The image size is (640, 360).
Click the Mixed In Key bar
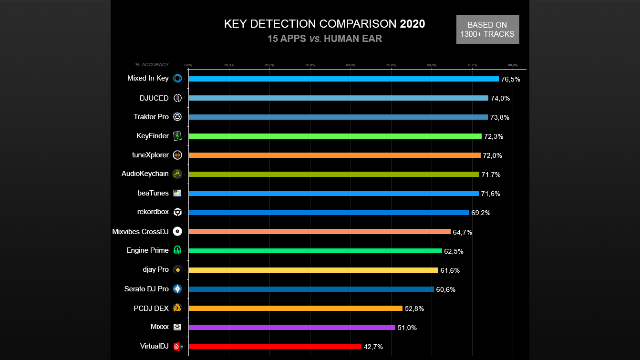pyautogui.click(x=343, y=79)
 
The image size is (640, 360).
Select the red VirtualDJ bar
pyautogui.click(x=275, y=347)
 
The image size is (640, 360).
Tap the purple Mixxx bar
pyautogui.click(x=292, y=328)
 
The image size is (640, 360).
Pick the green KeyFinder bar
pyautogui.click(x=335, y=136)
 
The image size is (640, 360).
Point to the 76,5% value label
pyautogui.click(x=510, y=79)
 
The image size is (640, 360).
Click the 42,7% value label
pyautogui.click(x=373, y=347)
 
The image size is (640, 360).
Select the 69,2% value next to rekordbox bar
pyautogui.click(x=481, y=213)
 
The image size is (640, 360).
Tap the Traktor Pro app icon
pyautogui.click(x=177, y=117)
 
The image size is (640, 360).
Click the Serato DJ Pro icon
pyautogui.click(x=177, y=289)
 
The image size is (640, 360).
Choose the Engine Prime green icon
pyautogui.click(x=177, y=250)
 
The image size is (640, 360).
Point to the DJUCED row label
pyautogui.click(x=154, y=98)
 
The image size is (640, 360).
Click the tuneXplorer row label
pyautogui.click(x=150, y=155)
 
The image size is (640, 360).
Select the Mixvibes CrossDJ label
pyautogui.click(x=140, y=232)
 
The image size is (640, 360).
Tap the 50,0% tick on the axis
pyautogui.click(x=391, y=65)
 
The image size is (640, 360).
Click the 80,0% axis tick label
pyautogui.click(x=513, y=65)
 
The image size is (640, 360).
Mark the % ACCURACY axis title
pyautogui.click(x=152, y=65)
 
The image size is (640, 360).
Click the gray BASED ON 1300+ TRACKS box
pyautogui.click(x=487, y=30)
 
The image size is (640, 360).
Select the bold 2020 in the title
pyautogui.click(x=412, y=24)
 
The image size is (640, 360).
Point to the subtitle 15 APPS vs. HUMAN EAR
pyautogui.click(x=324, y=39)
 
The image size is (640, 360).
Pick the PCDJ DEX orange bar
pyautogui.click(x=295, y=309)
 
